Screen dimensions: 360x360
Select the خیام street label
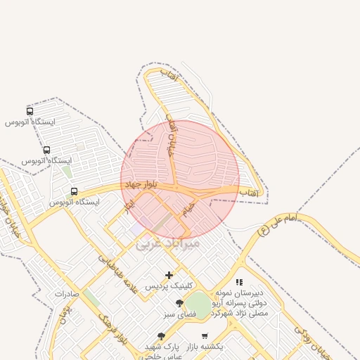pyautogui.click(x=186, y=209)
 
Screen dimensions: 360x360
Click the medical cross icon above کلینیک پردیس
pyautogui.click(x=169, y=275)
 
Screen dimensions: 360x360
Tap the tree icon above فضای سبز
pyautogui.click(x=179, y=303)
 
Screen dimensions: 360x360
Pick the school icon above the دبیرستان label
pyautogui.click(x=239, y=282)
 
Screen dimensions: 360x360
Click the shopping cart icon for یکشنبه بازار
pyautogui.click(x=205, y=336)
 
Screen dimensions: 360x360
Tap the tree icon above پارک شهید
pyautogui.click(x=161, y=336)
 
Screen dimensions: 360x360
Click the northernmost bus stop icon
pyautogui.click(x=30, y=111)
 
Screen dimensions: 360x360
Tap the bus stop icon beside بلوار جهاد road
pyautogui.click(x=74, y=191)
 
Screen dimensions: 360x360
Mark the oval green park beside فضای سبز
pyautogui.click(x=199, y=305)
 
